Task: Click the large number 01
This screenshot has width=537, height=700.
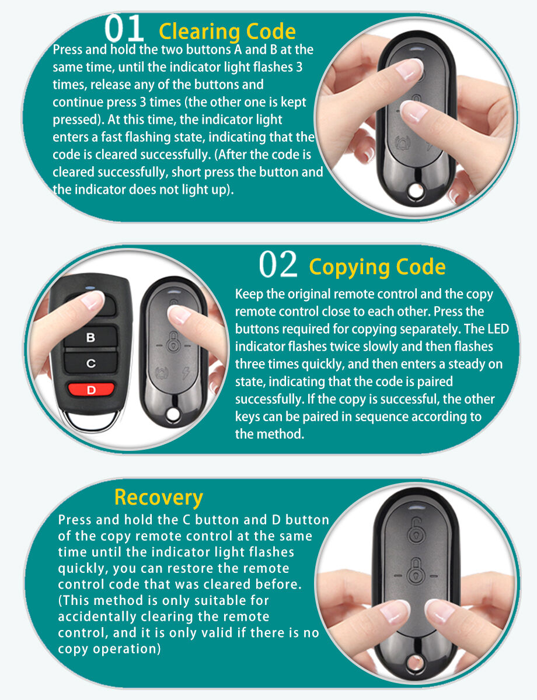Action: [124, 29]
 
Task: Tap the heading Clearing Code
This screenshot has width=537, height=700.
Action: [227, 32]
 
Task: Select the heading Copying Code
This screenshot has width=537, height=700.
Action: [377, 267]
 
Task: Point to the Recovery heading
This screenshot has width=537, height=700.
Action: [159, 498]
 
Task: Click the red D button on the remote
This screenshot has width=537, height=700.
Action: [91, 389]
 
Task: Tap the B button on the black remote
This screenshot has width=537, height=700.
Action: [90, 337]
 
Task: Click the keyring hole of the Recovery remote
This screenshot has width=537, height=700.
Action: [415, 663]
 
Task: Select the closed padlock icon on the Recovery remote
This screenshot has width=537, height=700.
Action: [416, 572]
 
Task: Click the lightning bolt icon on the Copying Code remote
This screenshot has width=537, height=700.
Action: [186, 373]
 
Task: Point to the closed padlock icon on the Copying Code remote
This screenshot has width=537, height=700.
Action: [173, 342]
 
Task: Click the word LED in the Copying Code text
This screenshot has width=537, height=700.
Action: [498, 329]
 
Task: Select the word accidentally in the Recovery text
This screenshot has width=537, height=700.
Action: [97, 617]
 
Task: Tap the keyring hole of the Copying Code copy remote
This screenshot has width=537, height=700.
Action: [173, 415]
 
